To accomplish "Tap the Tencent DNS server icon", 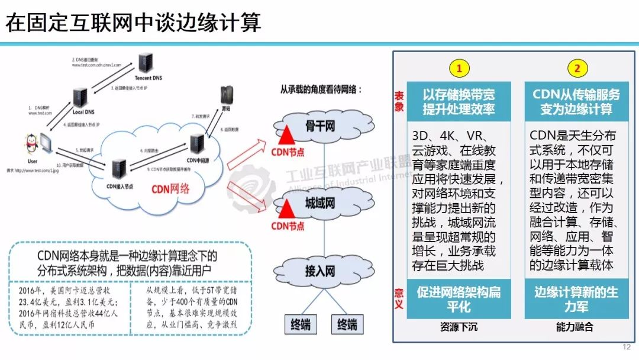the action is pos(145,63).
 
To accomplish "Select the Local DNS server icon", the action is pos(80,98).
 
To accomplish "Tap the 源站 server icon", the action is pos(225,95).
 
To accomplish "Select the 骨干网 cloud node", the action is pos(320,126).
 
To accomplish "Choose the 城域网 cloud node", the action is pos(320,203).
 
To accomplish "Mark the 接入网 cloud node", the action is pos(320,271).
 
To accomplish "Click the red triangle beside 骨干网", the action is pos(288,134).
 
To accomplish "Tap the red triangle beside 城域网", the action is pos(288,208).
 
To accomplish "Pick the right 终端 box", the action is pos(347,324).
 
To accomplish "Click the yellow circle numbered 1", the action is pos(459,68).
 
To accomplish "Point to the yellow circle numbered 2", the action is pos(577,68).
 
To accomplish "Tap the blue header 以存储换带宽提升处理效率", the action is pos(459,101).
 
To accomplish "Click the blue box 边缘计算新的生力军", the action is pos(576,299).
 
